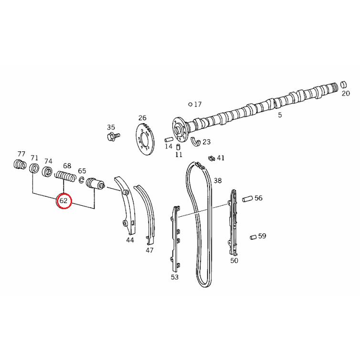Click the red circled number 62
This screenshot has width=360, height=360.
tap(64, 201)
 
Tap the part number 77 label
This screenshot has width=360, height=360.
tap(21, 154)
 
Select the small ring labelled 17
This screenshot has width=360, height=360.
tap(190, 104)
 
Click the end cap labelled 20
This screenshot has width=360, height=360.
tap(342, 85)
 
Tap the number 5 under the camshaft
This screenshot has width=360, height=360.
tap(280, 115)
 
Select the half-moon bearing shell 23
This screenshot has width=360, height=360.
tap(196, 141)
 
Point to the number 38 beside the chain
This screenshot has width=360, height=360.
tap(218, 180)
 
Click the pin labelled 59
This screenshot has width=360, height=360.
tap(253, 236)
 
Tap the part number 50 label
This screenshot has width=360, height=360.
tap(234, 260)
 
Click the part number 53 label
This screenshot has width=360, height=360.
tap(174, 276)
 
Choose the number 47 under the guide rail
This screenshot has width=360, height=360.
tap(149, 250)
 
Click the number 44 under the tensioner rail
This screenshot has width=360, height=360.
tap(130, 240)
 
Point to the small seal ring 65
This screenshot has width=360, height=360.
tap(82, 180)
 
